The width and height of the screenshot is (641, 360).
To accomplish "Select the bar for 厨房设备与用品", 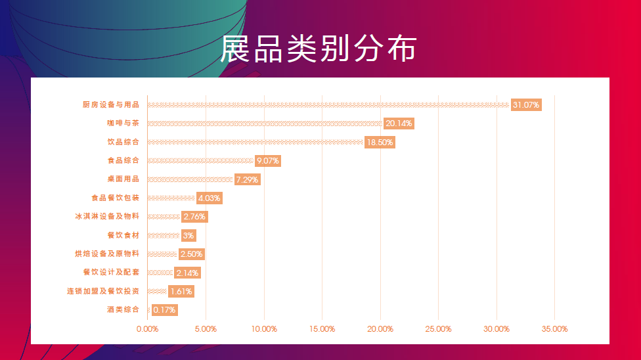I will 328,105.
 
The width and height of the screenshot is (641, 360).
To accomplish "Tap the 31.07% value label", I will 526,105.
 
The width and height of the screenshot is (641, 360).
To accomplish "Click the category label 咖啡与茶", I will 123,124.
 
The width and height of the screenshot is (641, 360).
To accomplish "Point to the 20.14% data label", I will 399,124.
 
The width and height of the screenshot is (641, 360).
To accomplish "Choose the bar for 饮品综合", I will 255,142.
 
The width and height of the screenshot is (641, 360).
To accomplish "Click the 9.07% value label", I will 267,161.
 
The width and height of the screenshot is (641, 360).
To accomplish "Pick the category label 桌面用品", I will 123,179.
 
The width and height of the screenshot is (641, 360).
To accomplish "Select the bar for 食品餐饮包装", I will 171,198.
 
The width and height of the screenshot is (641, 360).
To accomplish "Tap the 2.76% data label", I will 194,217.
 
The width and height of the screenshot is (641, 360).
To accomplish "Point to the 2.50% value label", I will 191,254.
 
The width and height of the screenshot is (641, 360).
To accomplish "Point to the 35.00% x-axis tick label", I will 554,329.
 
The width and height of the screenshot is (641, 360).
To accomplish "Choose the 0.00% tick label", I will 147,329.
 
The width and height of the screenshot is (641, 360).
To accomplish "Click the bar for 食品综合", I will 200,161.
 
